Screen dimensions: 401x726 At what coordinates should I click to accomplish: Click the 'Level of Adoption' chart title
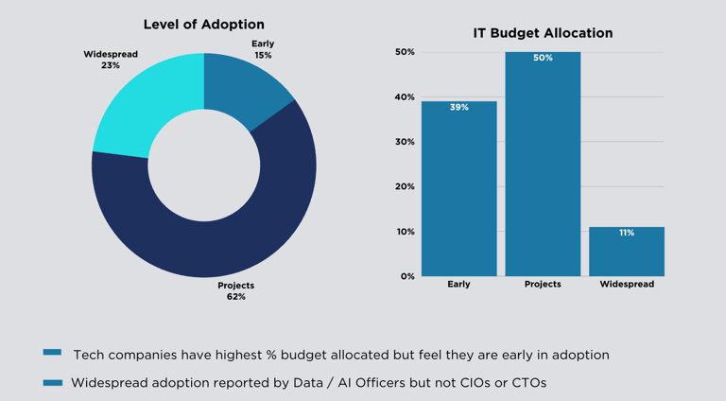(x=203, y=25)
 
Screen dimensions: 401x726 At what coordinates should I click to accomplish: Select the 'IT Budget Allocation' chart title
(x=543, y=33)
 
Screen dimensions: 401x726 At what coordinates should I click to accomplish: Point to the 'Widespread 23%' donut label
(x=111, y=60)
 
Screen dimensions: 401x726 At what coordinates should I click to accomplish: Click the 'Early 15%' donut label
(x=263, y=49)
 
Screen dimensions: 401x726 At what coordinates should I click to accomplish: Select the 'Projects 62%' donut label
(x=235, y=290)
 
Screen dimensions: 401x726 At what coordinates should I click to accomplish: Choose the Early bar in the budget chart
(x=458, y=189)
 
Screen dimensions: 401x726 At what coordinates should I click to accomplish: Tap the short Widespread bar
(x=626, y=253)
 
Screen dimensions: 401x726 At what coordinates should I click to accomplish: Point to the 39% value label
(x=458, y=108)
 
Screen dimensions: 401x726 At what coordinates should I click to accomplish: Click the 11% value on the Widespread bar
(x=627, y=233)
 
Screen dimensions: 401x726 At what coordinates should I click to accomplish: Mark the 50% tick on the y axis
(x=405, y=52)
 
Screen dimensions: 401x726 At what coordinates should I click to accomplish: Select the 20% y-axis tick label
(x=405, y=186)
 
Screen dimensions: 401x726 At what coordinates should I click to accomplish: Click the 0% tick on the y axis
(x=406, y=276)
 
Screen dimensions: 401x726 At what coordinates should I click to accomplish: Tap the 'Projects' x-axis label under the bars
(x=543, y=284)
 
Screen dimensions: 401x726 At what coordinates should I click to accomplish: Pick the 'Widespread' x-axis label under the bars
(x=627, y=284)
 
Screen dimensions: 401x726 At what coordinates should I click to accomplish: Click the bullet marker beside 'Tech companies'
(x=52, y=352)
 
